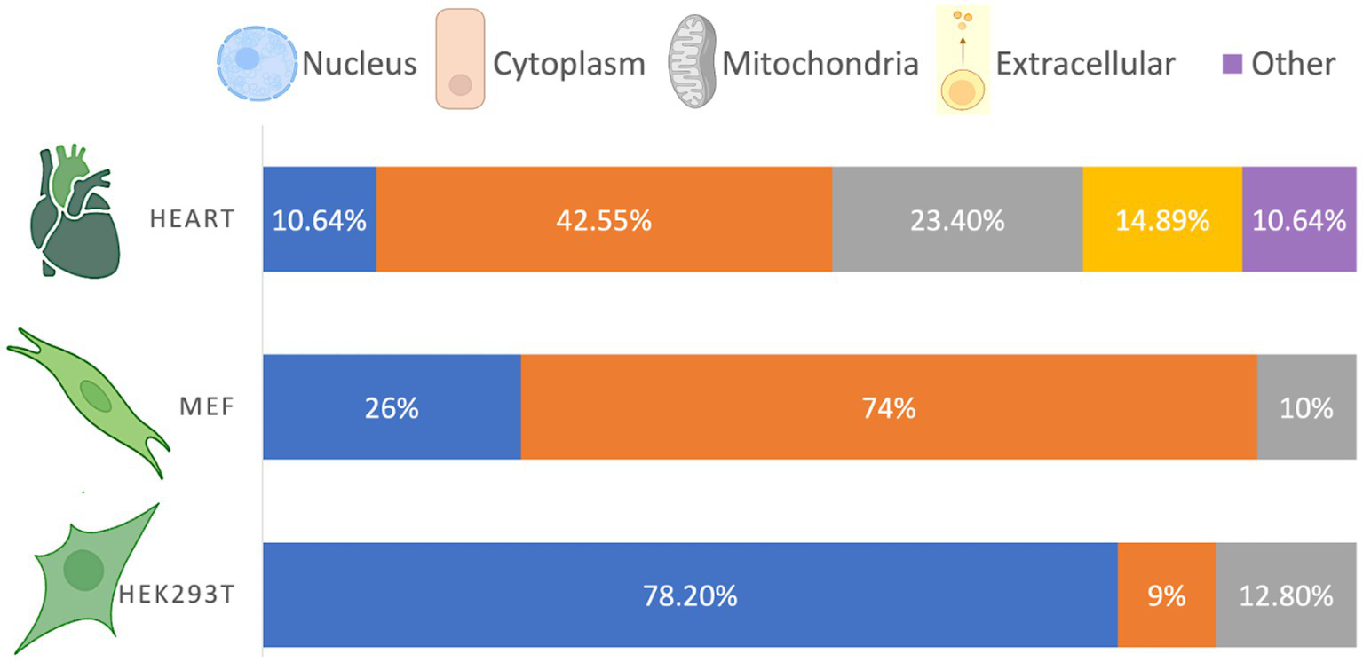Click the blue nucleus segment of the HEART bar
320,219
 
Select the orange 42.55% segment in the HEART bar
604,219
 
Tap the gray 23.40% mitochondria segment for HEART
957,219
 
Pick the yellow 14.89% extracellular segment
1161,219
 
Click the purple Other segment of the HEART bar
1298,219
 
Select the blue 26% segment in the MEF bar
392,407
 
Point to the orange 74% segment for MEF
888,407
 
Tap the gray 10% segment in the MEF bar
1307,407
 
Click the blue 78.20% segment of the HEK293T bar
690,595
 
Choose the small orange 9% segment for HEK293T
1166,595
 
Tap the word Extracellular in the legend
1085,64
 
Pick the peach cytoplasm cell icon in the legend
460,59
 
